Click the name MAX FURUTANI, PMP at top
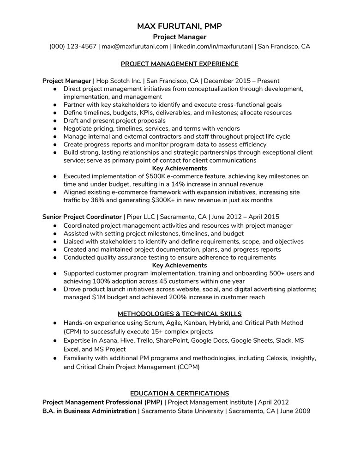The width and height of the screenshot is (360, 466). (x=180, y=26)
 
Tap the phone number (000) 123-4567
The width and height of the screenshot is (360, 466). (x=72, y=46)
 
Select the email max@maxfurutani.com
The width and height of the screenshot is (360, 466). (x=135, y=46)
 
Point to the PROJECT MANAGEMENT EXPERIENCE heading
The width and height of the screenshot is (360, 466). (x=180, y=64)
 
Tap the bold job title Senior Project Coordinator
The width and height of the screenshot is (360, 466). (x=82, y=217)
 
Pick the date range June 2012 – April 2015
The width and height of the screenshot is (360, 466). (x=245, y=217)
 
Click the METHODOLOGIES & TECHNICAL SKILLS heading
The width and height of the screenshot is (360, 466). (x=180, y=314)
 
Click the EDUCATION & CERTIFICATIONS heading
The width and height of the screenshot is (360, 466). (x=180, y=393)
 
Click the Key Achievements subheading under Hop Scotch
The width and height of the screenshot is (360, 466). (x=180, y=168)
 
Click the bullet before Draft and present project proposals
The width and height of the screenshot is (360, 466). (x=55, y=121)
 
